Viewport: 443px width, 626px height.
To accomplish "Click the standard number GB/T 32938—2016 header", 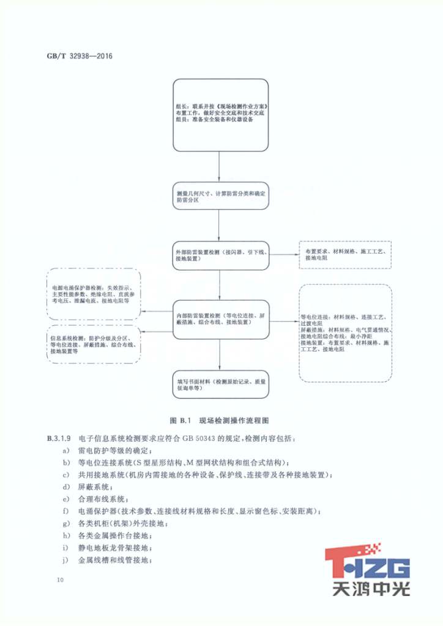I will pyautogui.click(x=79, y=56).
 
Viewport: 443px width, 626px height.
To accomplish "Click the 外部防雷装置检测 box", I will pyautogui.click(x=220, y=255).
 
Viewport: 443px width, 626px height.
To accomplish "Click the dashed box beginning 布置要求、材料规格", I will pyautogui.click(x=345, y=255).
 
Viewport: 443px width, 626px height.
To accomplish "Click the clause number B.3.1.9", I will pyautogui.click(x=60, y=439).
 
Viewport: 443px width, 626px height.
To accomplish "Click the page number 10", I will pyautogui.click(x=59, y=580).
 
